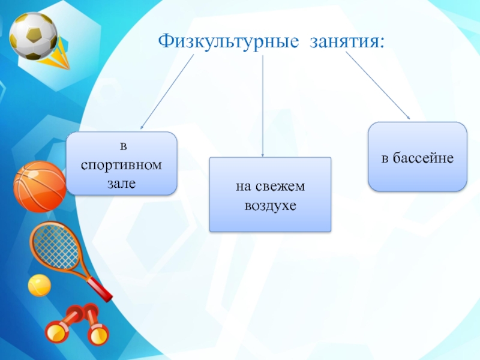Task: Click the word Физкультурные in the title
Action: tap(229, 41)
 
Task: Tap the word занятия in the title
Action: tap(343, 41)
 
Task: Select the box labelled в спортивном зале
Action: tap(121, 163)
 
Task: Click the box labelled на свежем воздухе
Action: tap(270, 195)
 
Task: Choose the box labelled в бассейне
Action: tap(417, 157)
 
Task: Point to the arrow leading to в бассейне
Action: tap(378, 86)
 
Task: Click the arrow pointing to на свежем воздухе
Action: tap(263, 108)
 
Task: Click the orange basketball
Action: tap(39, 186)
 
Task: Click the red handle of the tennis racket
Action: tap(101, 290)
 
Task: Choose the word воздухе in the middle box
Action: tap(270, 205)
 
